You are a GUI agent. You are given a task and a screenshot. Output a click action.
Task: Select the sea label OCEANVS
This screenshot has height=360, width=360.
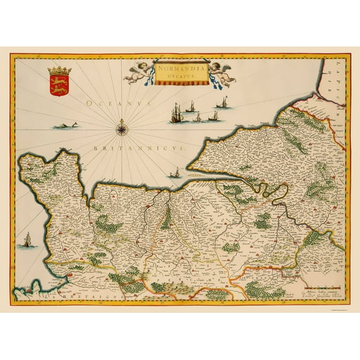pyautogui.click(x=112, y=101)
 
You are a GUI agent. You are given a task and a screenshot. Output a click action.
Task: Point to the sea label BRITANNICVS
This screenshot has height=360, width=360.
pyautogui.click(x=136, y=146)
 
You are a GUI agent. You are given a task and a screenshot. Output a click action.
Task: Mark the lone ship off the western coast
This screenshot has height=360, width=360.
pyautogui.click(x=27, y=239)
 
